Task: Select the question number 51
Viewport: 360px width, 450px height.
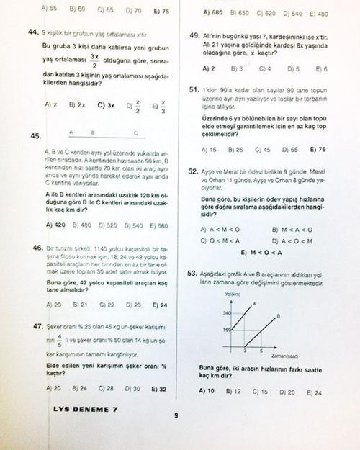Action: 194,90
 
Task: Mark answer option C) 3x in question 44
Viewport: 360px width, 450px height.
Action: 105,104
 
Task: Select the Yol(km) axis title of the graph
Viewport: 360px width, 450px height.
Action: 232,295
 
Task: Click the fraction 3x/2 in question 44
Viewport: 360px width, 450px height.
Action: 94,59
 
